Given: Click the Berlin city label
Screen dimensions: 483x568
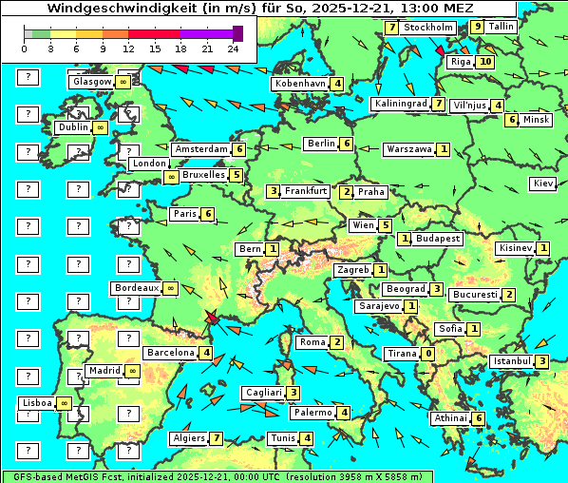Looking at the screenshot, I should (321, 144).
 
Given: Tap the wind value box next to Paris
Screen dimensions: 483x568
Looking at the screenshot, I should (207, 214).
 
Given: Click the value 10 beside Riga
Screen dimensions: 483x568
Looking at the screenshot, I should (485, 62).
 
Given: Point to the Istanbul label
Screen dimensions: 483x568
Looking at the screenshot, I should (512, 361).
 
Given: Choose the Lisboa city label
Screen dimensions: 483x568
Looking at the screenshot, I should (37, 403).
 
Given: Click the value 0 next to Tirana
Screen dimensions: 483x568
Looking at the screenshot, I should (428, 354).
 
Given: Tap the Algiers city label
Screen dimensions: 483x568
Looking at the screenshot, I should (188, 438).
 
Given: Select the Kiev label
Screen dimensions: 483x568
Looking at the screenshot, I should (543, 183).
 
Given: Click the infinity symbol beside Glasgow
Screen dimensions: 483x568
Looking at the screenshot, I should (123, 83).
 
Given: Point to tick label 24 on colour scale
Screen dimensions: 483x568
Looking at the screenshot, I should (233, 48).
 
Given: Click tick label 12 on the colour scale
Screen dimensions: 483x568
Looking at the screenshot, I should (128, 48).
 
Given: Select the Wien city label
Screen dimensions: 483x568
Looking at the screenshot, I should (363, 225).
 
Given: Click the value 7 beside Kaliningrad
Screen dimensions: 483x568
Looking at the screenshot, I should (438, 104).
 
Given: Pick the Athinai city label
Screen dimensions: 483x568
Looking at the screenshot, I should (450, 418).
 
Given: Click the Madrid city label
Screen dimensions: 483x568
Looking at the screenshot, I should (103, 371).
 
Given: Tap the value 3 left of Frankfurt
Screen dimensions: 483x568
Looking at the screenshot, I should (274, 192).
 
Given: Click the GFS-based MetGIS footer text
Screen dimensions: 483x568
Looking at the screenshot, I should (62, 476).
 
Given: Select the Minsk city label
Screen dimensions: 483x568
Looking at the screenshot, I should (536, 120).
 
